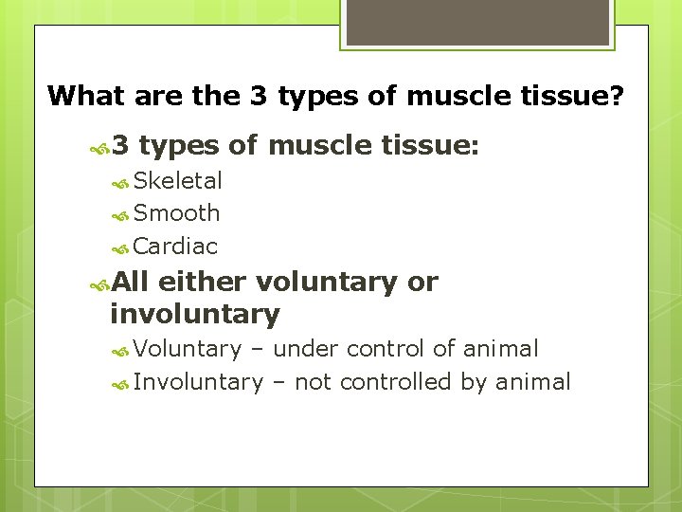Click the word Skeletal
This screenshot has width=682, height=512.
pos(178,180)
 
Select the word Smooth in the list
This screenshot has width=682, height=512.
pos(177,213)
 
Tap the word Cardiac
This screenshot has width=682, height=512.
pos(176,247)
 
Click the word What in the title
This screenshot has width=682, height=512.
pos(86,96)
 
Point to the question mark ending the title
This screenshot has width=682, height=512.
pos(618,96)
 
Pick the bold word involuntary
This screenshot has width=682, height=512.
pos(195,314)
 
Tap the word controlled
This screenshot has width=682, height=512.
pos(395,382)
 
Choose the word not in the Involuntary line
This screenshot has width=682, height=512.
pos(313,382)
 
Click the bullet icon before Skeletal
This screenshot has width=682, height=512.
pos(121,181)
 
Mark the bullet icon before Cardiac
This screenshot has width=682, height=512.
pos(121,247)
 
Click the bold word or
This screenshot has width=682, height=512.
pos(422,282)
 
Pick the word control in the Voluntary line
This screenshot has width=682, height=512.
pos(386,349)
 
